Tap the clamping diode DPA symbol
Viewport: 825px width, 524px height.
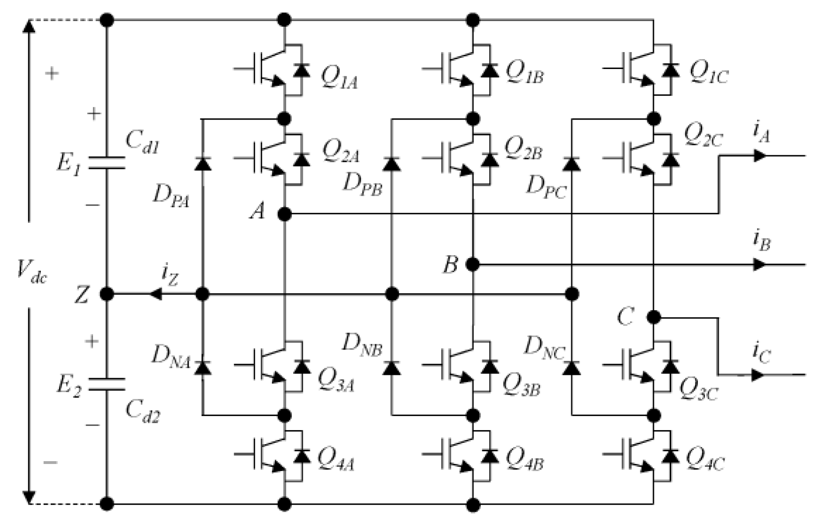click(203, 164)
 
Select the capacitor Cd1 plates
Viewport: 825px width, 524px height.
click(107, 162)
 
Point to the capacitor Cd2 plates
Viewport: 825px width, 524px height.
click(107, 384)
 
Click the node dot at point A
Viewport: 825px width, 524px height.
click(285, 214)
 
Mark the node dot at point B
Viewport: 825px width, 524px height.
click(473, 265)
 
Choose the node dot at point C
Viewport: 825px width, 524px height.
click(653, 318)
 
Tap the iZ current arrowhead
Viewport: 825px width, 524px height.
click(155, 294)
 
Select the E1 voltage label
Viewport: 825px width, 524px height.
click(69, 164)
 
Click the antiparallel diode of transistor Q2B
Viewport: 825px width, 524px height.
click(490, 160)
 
